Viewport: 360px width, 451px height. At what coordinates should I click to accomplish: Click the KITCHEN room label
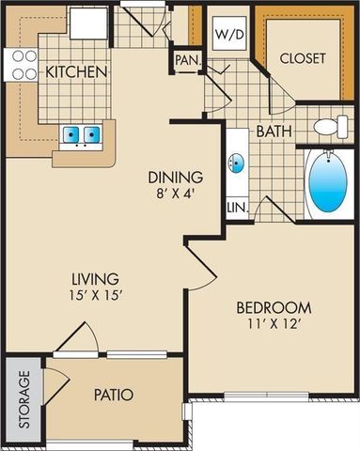76,71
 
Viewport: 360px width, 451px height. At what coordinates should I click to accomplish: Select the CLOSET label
304,57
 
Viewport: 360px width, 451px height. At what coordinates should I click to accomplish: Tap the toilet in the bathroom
328,126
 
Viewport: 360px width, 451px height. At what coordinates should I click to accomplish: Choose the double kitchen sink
81,135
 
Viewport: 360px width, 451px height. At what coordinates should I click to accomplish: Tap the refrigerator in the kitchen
91,23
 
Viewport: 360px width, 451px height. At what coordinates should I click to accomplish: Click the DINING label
176,176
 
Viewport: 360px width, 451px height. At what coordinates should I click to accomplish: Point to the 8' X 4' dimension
176,194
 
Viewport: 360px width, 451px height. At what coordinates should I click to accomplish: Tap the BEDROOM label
274,308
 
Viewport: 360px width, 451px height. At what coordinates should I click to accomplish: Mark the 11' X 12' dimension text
274,326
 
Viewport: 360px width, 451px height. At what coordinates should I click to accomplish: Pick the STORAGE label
24,399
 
